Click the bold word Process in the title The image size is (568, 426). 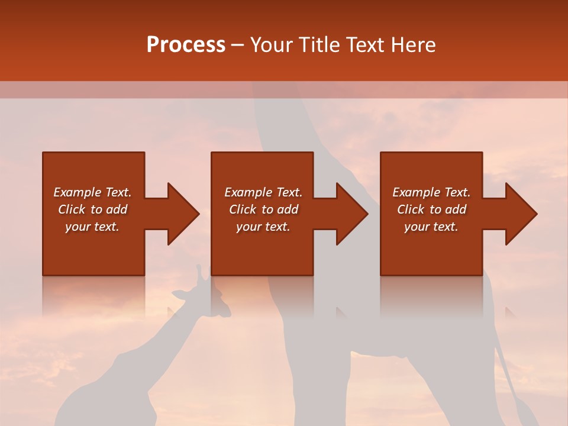pos(186,45)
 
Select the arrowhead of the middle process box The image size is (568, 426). pos(351,214)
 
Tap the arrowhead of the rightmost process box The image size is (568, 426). pos(521,214)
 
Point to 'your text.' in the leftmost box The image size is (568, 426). pos(92,227)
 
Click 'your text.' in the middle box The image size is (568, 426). pos(263,227)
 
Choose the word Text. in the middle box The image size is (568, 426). pos(288,192)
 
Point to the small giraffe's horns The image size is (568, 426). pos(201,272)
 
